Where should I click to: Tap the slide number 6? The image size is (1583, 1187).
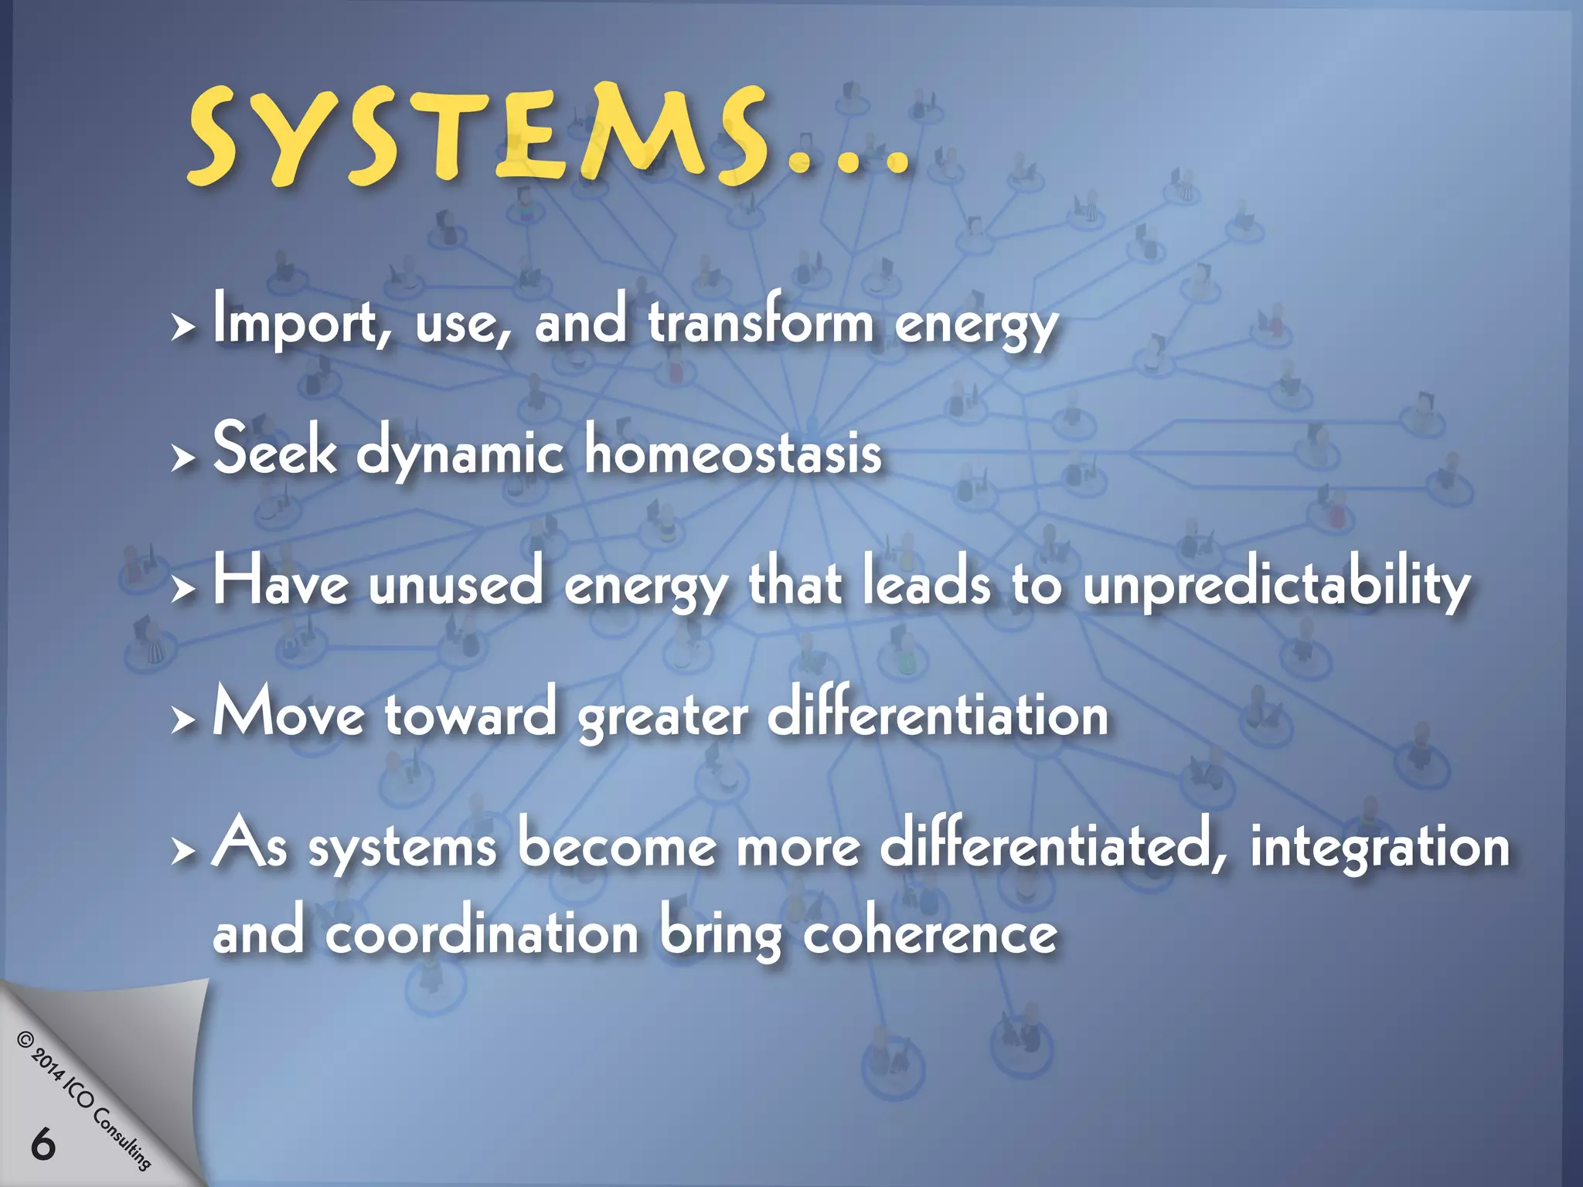43,1144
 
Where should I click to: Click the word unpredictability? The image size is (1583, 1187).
1276,585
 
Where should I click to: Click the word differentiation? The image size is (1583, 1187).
938,714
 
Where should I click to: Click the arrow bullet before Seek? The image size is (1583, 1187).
182,458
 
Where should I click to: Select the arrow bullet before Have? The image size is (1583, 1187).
182,590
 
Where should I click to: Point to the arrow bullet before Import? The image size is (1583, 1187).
182,328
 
